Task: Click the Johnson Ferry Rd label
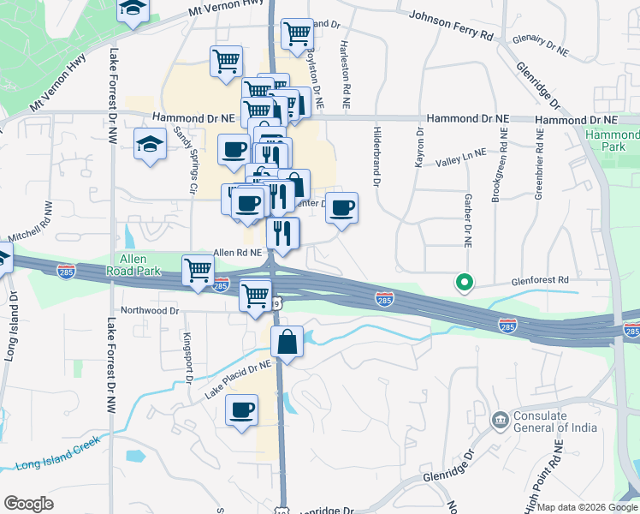(x=451, y=25)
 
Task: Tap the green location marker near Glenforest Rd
(x=465, y=281)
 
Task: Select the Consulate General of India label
(x=552, y=422)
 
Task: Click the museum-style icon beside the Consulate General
(x=499, y=421)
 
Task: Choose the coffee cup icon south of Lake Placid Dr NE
(x=241, y=409)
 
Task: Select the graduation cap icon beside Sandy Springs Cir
(x=150, y=143)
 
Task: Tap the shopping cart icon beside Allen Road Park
(x=198, y=270)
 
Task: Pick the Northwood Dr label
(x=150, y=310)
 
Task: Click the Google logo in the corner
(x=29, y=504)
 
